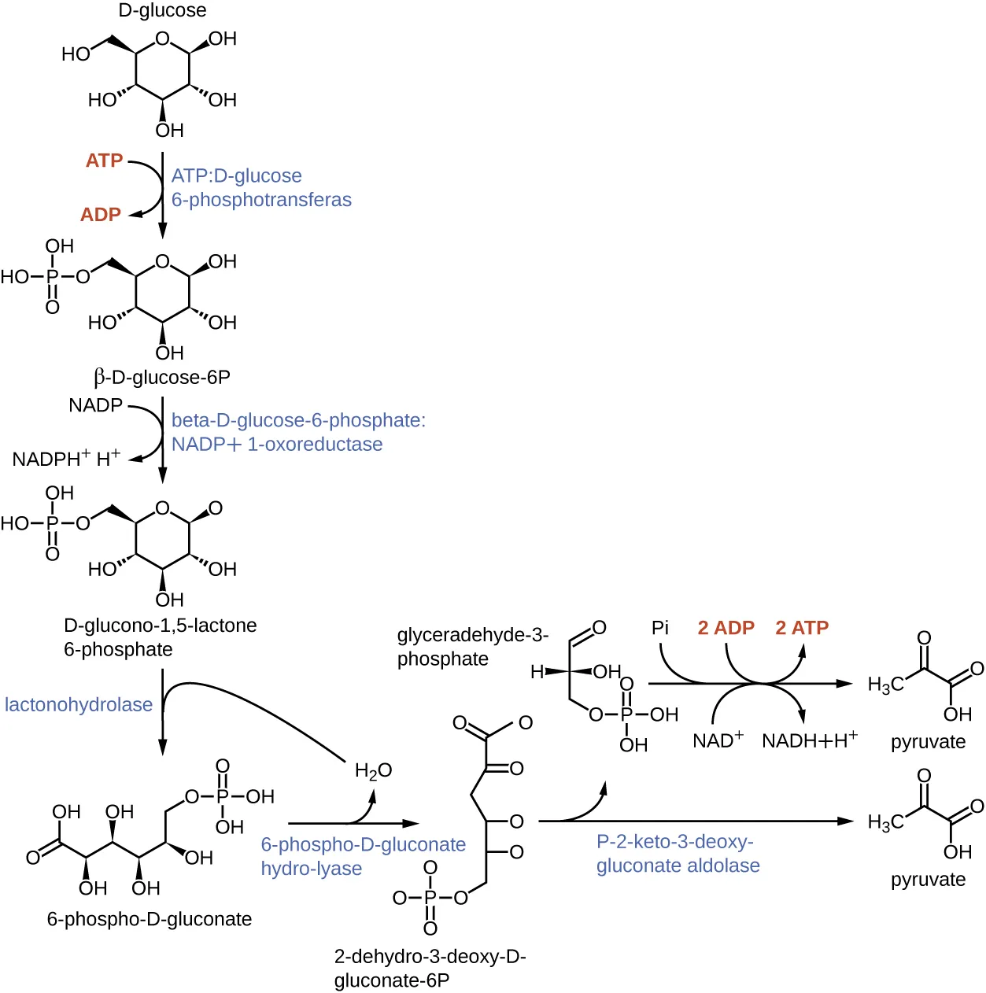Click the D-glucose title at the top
(x=162, y=10)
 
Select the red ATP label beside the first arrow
(x=104, y=161)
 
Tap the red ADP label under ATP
(x=101, y=215)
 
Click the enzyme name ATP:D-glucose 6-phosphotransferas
(x=260, y=188)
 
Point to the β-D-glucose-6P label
(x=162, y=378)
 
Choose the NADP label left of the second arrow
(x=95, y=405)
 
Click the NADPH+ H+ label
(x=66, y=458)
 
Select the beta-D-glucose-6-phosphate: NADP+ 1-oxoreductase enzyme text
(x=297, y=432)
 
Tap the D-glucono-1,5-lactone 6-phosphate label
(x=160, y=637)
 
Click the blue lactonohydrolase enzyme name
(x=79, y=704)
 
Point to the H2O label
(x=373, y=771)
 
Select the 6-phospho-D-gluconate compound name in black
(x=150, y=919)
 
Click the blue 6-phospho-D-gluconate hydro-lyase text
(x=363, y=856)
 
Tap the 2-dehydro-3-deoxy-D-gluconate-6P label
(x=430, y=969)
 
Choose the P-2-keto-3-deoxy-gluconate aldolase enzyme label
(x=678, y=854)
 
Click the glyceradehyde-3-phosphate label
(x=472, y=647)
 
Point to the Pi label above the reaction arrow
(x=659, y=628)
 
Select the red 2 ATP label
(x=802, y=628)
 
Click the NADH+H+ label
(x=809, y=740)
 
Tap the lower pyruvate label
(x=928, y=880)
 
